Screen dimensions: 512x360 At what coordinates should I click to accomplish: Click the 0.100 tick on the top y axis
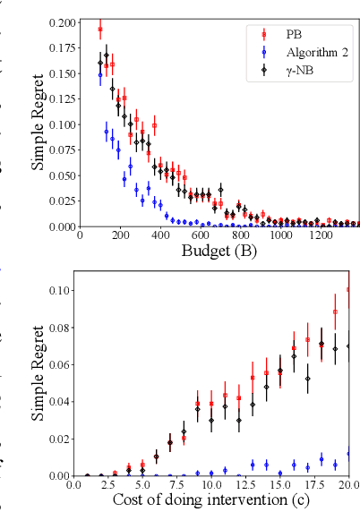click(62, 124)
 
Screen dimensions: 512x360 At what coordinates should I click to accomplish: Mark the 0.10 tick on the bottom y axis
click(60, 291)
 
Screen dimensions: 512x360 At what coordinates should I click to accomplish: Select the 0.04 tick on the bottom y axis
click(60, 402)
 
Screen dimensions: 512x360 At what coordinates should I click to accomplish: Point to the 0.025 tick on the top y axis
click(62, 201)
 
